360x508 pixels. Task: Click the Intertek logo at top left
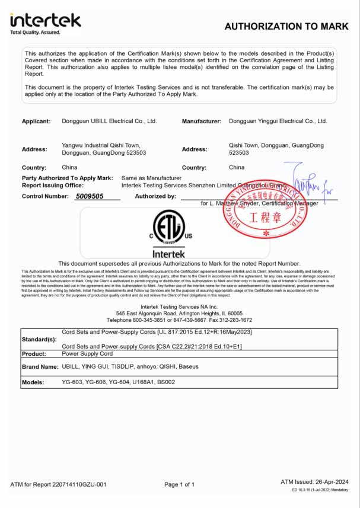(45, 23)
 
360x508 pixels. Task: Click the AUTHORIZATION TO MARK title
(286, 26)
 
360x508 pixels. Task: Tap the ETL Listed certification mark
(169, 227)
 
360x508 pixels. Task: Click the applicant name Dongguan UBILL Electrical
(109, 121)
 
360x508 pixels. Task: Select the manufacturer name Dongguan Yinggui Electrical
(278, 121)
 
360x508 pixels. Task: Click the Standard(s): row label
(39, 340)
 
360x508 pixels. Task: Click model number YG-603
(73, 382)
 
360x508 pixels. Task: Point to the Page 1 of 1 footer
(179, 484)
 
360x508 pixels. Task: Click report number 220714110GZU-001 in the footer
(81, 484)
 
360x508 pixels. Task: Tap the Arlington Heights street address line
(179, 313)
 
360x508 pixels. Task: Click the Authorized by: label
(155, 196)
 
